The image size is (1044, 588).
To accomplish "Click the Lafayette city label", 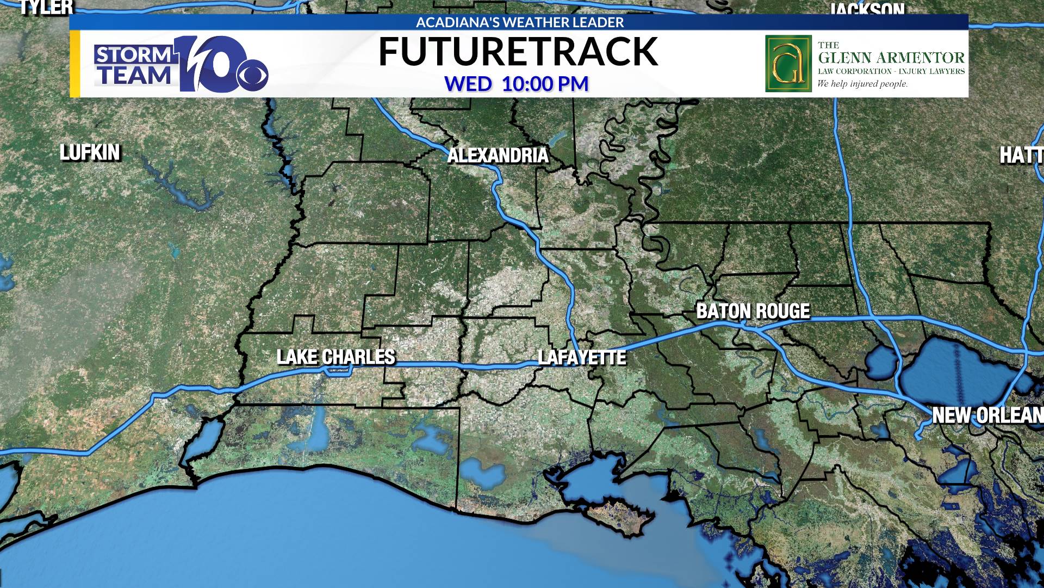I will pos(582,358).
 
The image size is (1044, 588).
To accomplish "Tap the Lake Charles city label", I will pos(336,357).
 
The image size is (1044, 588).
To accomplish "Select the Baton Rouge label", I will pos(753,311).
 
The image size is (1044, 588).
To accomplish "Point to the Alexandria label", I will pos(498,156).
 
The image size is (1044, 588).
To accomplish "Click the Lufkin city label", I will pos(90,152).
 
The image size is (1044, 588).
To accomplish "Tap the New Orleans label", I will pos(987,415).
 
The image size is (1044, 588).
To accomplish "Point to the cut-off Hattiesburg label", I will pos(1021,156).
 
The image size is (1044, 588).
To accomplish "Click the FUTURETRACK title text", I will pos(518,52).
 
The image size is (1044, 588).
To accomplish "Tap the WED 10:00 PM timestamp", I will pos(517,84).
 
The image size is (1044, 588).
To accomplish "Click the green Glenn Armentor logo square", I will pos(788,64).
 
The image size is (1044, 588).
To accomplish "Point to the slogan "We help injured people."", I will pos(862,84).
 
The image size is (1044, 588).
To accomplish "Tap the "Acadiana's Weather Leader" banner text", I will pos(519,22).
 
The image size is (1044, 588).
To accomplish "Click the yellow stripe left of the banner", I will pos(75,64).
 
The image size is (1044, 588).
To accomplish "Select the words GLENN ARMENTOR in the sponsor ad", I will pos(891,58).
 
